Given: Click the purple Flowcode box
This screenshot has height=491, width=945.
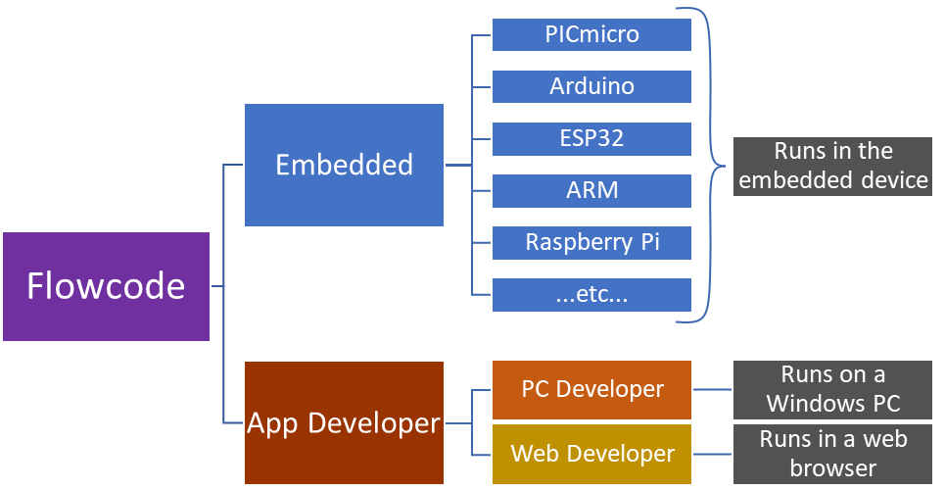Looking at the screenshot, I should pyautogui.click(x=106, y=286).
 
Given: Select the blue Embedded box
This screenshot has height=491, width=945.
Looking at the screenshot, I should pyautogui.click(x=344, y=165).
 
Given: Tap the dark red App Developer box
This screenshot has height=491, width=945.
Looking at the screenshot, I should pyautogui.click(x=344, y=423).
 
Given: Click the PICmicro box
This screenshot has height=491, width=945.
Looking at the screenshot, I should pyautogui.click(x=591, y=35).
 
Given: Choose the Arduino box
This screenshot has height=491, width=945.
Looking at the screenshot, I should pyautogui.click(x=591, y=86).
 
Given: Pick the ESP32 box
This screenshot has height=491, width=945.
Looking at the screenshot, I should pyautogui.click(x=591, y=138).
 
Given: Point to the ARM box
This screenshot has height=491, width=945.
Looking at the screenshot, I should pyautogui.click(x=591, y=190).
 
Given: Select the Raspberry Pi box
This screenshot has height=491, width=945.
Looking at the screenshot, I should pyautogui.click(x=591, y=242).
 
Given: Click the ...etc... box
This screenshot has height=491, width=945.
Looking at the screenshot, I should pyautogui.click(x=591, y=294).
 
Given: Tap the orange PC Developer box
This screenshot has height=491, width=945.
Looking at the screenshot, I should pyautogui.click(x=591, y=389).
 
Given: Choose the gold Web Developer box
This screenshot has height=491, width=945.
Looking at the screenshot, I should pyautogui.click(x=591, y=454).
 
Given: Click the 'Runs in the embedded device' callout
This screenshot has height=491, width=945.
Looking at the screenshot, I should pyautogui.click(x=832, y=166).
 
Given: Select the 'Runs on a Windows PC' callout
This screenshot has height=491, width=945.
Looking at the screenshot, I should pyautogui.click(x=832, y=389).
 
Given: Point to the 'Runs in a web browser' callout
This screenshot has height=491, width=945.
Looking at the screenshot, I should pyautogui.click(x=832, y=454).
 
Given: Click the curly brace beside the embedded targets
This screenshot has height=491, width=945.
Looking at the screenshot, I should pyautogui.click(x=713, y=165).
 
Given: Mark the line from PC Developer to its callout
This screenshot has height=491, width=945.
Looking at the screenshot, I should pyautogui.click(x=712, y=389).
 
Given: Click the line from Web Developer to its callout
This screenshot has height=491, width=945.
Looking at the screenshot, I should pyautogui.click(x=712, y=454).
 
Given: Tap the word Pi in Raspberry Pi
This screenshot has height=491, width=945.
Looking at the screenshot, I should pyautogui.click(x=649, y=242).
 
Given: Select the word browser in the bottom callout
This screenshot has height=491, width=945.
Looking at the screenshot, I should pyautogui.click(x=832, y=468).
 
